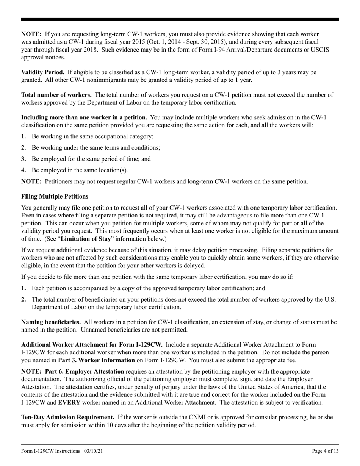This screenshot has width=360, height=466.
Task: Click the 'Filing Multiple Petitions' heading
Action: pos(55,196)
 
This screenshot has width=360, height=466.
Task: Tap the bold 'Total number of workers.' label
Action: pos(56,95)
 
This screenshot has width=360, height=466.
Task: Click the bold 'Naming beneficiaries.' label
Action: pos(51,322)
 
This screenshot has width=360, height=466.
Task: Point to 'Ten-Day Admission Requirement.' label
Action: pos(68,417)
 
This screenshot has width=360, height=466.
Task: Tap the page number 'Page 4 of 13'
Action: pos(325,451)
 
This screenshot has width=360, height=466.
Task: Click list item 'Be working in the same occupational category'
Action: pos(92,136)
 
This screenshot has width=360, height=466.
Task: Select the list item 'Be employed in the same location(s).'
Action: pos(80,170)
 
